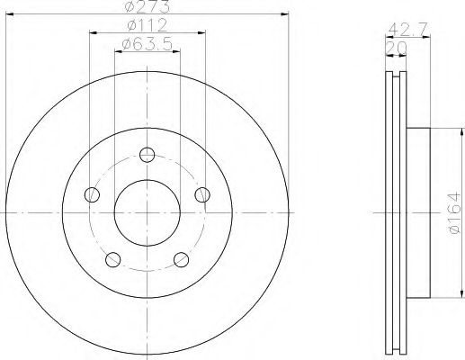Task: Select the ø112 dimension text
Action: [x=147, y=24]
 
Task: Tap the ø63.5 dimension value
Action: [x=146, y=41]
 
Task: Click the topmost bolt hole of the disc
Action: [x=148, y=154]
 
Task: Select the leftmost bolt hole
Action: [x=91, y=194]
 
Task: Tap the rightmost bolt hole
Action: [x=202, y=194]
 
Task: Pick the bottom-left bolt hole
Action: [x=112, y=260]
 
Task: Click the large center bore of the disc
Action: [x=147, y=212]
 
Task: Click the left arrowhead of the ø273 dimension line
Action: [x=8, y=14]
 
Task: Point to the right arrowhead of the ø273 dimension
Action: [x=287, y=14]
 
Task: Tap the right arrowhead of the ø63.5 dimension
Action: [x=176, y=49]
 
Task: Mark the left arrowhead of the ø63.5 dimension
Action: [x=118, y=49]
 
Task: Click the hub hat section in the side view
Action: [x=422, y=212]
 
